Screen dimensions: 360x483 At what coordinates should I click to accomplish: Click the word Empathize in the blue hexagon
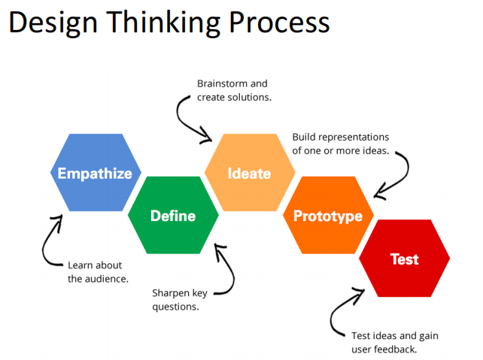click(95, 174)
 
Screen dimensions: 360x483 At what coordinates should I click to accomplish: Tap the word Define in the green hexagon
click(173, 216)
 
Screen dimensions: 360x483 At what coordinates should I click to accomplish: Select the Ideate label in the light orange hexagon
click(249, 174)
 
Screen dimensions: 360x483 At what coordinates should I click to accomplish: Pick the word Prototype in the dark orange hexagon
click(328, 216)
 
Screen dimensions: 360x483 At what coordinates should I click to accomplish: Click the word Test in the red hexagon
click(404, 259)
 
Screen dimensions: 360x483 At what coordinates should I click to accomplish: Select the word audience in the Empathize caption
click(108, 279)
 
